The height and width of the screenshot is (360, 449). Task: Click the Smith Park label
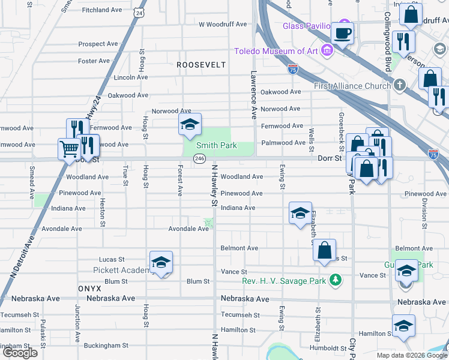tap(218, 146)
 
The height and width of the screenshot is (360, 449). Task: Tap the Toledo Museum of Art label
tap(276, 50)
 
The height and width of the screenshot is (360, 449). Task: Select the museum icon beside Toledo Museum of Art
tap(327, 50)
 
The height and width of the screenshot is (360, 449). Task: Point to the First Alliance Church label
tap(352, 86)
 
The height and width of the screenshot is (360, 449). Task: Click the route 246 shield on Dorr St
tap(199, 158)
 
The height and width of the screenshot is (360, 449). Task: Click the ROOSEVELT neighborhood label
tap(201, 64)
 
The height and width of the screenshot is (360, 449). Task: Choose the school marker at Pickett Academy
tap(161, 262)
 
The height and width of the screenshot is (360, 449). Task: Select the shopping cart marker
tap(69, 148)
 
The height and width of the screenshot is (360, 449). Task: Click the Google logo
tap(20, 353)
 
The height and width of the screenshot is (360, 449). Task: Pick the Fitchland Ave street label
tap(103, 10)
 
